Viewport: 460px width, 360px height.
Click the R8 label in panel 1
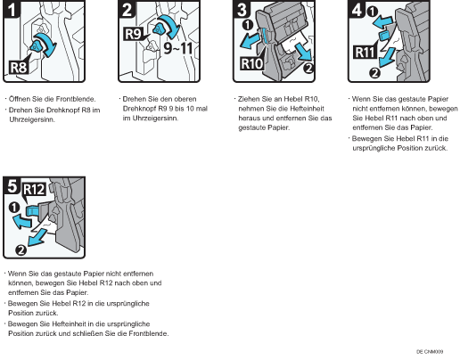[19, 67]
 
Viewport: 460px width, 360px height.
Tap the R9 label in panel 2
[133, 34]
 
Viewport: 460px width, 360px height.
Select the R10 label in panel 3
[251, 63]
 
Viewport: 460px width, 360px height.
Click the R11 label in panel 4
[365, 53]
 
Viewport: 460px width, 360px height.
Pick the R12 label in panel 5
[34, 189]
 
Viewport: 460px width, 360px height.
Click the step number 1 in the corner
[12, 9]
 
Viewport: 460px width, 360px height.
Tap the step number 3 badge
[242, 9]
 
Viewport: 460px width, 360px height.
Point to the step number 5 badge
[12, 185]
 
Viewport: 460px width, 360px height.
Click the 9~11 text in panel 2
[178, 48]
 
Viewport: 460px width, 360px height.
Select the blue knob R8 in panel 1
[36, 46]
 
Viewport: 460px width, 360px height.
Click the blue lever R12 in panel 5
[32, 211]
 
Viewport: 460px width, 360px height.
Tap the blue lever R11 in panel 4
[383, 35]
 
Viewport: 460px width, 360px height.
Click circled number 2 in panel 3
[309, 69]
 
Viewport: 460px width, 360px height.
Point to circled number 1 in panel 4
[373, 12]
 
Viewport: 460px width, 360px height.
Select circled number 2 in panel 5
[21, 250]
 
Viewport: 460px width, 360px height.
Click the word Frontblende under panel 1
[76, 99]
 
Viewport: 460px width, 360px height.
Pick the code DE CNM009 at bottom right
[430, 352]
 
